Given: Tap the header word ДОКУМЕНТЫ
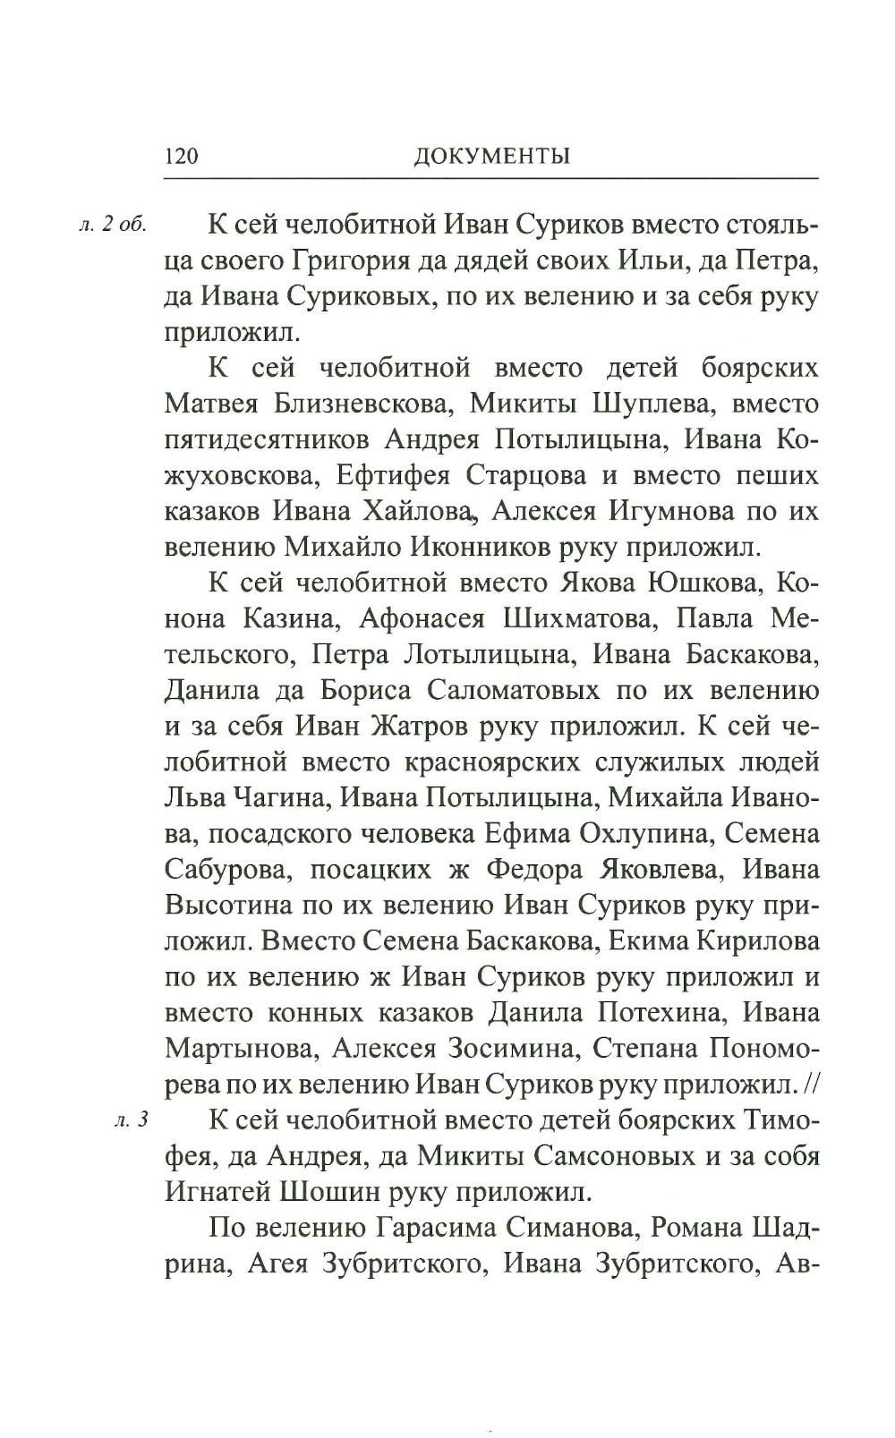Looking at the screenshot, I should click(492, 157).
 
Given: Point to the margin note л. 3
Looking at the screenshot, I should click(131, 1120).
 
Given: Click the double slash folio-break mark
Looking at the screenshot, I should click(810, 1085).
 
